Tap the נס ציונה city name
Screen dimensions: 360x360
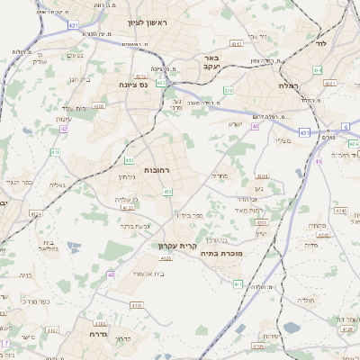tap(133, 85)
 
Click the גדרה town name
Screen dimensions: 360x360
tap(98, 333)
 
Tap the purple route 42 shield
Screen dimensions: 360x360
tap(64, 129)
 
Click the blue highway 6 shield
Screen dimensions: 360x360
tap(346, 127)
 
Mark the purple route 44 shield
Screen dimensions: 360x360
tap(319, 161)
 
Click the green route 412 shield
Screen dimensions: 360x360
tap(167, 191)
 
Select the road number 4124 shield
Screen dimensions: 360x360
tap(35, 214)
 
